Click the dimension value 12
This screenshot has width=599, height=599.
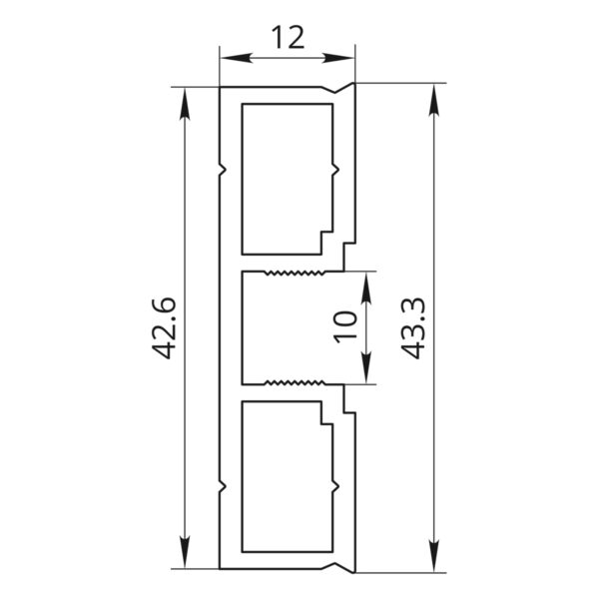[289, 38]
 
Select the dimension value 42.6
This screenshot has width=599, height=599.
[165, 328]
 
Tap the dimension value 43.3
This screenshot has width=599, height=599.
[413, 328]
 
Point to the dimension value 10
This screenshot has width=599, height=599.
[345, 327]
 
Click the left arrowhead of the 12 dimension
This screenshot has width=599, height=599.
[237, 58]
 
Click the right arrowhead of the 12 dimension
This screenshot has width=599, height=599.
[338, 58]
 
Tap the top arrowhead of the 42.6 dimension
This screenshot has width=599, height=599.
[185, 104]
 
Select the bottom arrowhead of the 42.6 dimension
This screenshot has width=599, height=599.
[185, 552]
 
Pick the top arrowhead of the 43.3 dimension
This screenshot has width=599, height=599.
[433, 99]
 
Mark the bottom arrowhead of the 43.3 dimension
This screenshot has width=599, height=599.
[433, 556]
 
